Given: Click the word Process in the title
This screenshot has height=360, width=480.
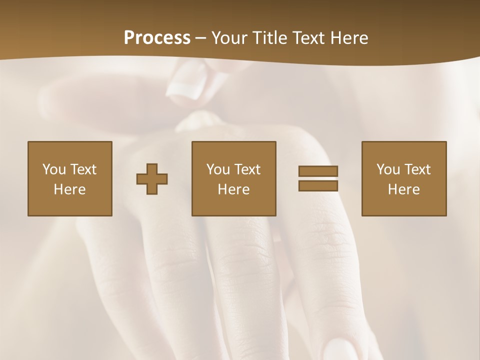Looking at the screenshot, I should tap(157, 38).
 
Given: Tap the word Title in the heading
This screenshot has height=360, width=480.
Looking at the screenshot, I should tap(270, 38).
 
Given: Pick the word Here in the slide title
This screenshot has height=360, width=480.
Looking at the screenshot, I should tap(350, 38).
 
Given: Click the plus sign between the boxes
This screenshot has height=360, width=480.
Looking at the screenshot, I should tap(152, 179).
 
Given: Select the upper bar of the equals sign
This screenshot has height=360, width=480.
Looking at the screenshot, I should tap(318, 171).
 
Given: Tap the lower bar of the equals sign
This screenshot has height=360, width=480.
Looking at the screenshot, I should tap(318, 186).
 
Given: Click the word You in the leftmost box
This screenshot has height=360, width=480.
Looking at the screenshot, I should tap(54, 169).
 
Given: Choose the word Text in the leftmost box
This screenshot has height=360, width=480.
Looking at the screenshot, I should tap(83, 169).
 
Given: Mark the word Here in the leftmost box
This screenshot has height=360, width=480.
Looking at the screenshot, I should tap(69, 189).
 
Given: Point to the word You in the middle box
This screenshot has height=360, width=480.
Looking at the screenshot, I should tap(218, 169).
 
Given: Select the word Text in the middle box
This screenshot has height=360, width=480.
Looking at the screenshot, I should tap(247, 169).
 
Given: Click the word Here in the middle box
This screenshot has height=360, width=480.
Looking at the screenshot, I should tap(233, 189).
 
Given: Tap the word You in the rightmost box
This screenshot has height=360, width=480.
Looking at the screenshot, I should tap(388, 169).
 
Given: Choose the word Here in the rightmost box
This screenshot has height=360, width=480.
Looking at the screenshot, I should tap(403, 189).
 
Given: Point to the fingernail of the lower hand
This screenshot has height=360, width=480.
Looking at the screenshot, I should tap(345, 350).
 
